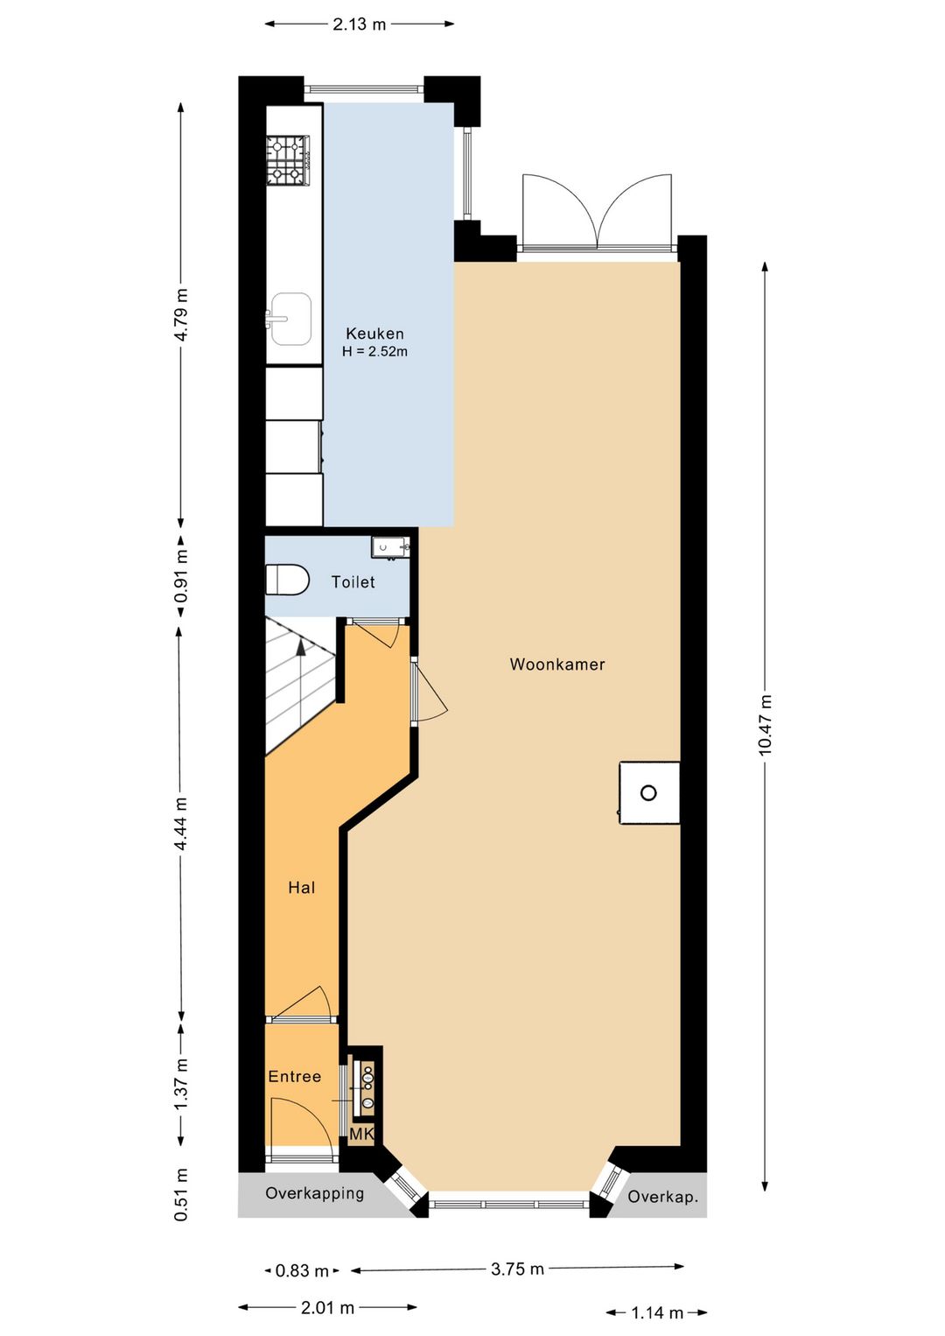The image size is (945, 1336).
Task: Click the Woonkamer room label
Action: (556, 664)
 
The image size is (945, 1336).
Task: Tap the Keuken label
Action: (375, 334)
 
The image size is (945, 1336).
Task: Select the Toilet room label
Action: (353, 581)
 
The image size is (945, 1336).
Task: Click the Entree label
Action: (295, 1077)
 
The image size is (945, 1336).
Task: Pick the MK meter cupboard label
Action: (361, 1134)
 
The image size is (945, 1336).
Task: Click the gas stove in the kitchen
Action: (289, 160)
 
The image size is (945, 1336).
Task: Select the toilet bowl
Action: (287, 580)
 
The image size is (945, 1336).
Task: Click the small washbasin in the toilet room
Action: (390, 547)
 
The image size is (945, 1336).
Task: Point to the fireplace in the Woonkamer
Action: (649, 792)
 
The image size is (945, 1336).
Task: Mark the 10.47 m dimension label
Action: (766, 725)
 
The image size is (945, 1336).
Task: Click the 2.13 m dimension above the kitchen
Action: (360, 25)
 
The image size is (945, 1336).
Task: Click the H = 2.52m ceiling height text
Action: (375, 351)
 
